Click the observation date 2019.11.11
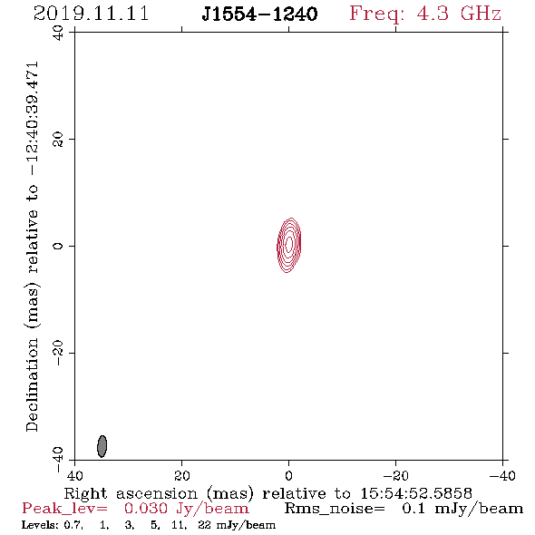[x=91, y=14]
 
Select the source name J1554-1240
[x=259, y=14]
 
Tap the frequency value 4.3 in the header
[x=433, y=14]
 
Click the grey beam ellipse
[x=102, y=446]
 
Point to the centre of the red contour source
[x=289, y=245]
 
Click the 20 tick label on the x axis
[x=181, y=475]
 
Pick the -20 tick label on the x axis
[x=395, y=475]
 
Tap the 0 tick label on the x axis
[x=288, y=475]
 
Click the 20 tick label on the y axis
[x=58, y=140]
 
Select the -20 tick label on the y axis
[x=58, y=353]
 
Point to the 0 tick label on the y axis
[x=58, y=246]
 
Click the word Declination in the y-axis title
[x=32, y=384]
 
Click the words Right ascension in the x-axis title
[x=131, y=493]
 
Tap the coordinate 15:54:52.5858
[x=416, y=493]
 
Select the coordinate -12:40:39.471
[x=33, y=119]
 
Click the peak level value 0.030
[x=146, y=509]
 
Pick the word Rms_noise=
[x=335, y=509]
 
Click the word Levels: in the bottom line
[x=40, y=525]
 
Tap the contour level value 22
[x=204, y=525]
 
